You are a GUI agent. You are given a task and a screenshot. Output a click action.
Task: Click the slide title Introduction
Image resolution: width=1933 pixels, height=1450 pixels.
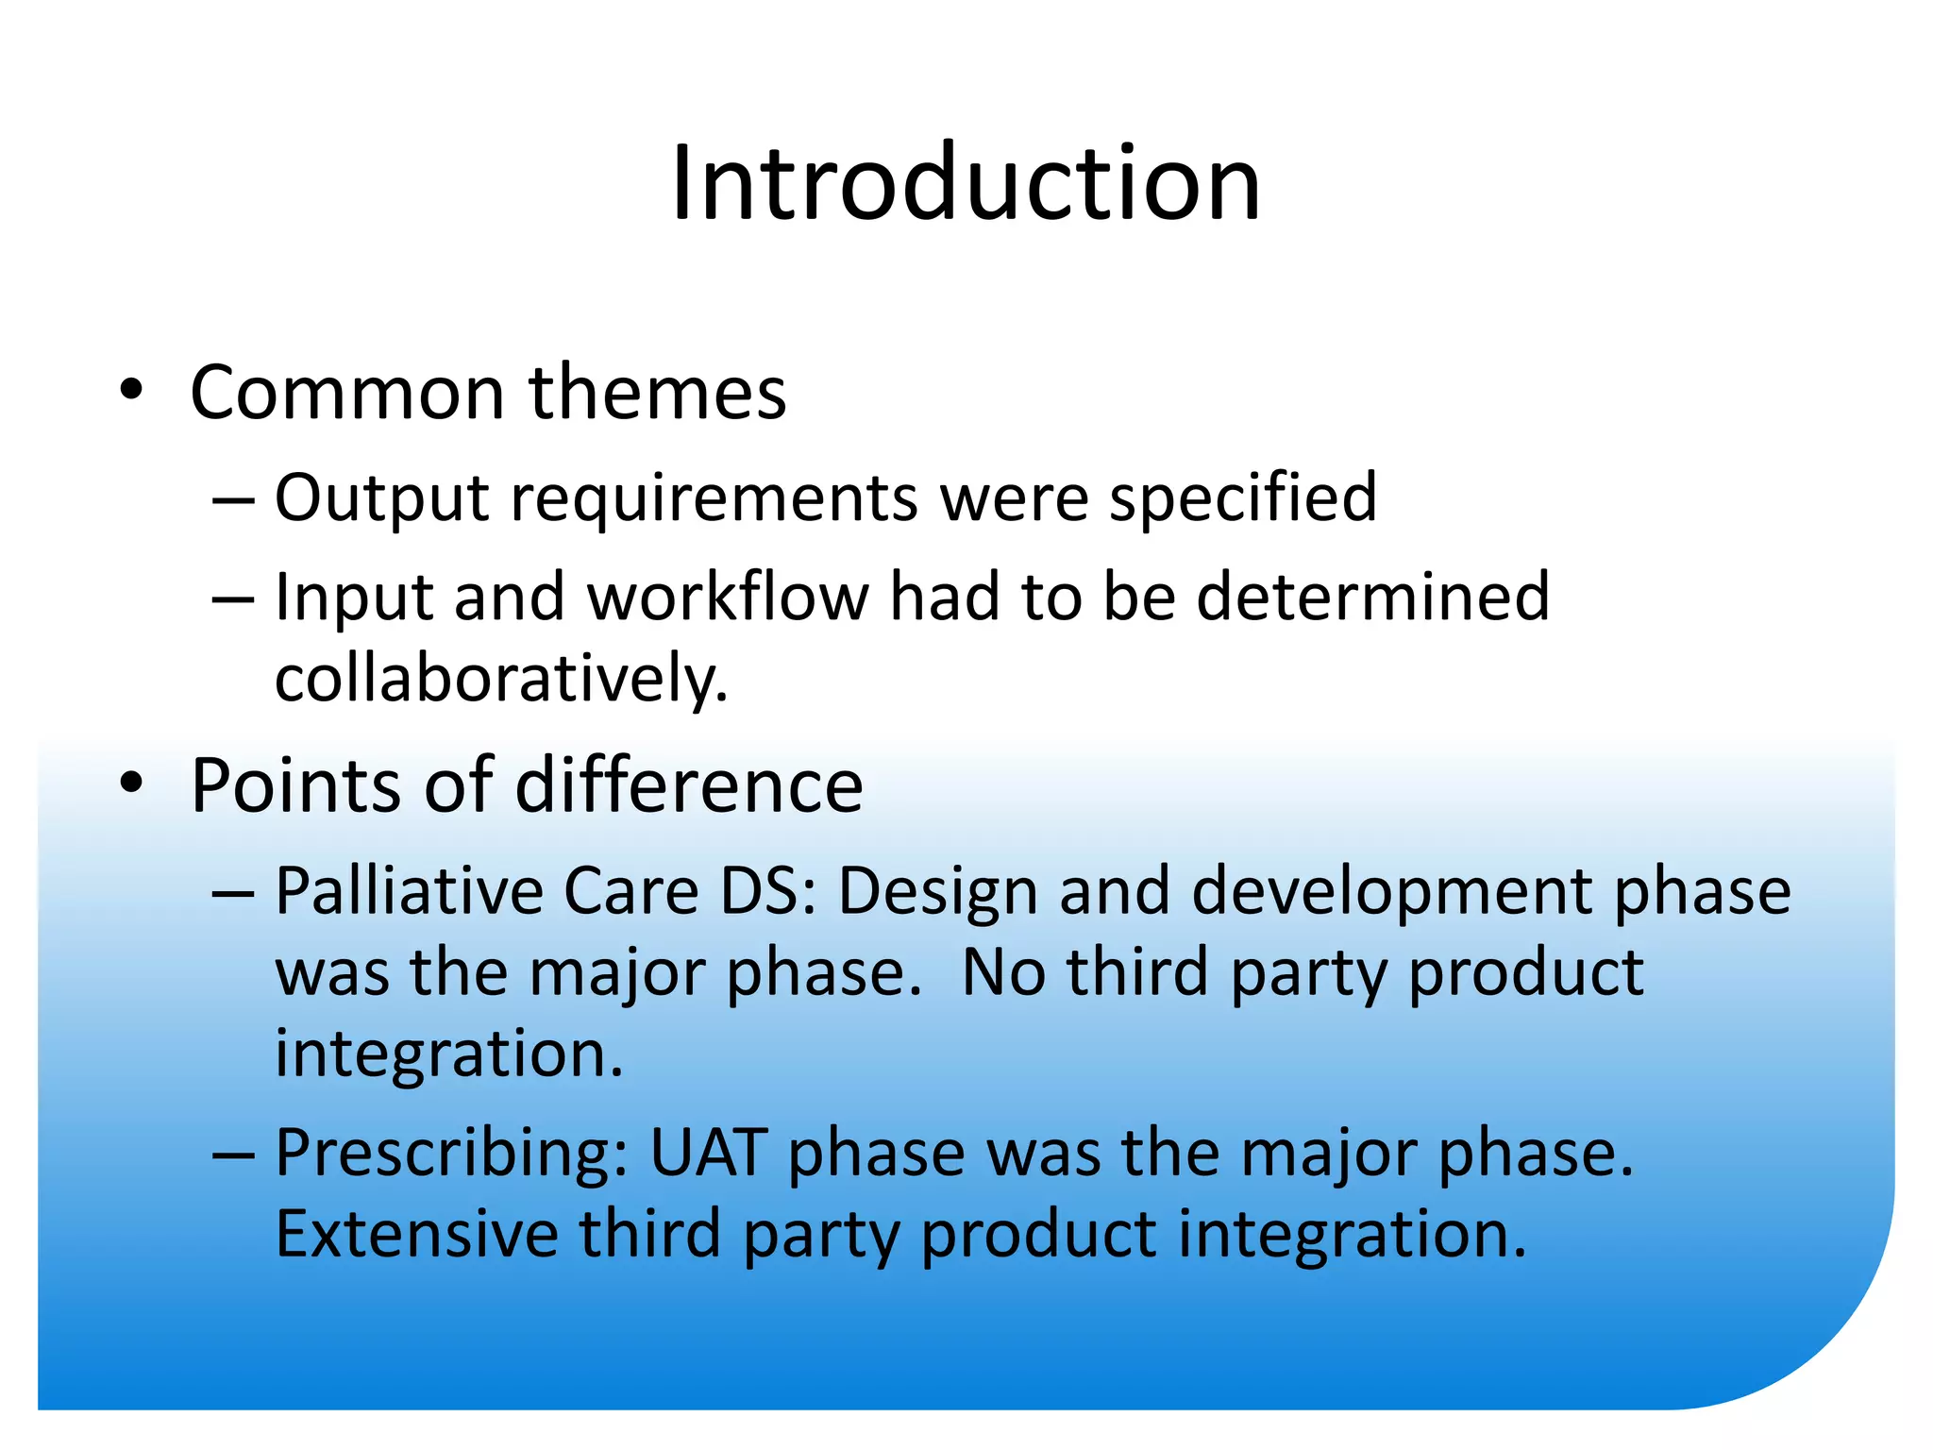click(966, 183)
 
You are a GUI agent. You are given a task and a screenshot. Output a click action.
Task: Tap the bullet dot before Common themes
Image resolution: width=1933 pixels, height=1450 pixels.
click(131, 391)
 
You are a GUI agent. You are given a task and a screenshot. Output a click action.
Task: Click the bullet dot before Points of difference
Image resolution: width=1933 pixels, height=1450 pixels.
click(131, 784)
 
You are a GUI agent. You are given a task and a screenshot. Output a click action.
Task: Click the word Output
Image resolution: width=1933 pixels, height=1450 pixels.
click(381, 498)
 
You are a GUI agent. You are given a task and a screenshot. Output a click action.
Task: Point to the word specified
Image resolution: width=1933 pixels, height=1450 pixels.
click(1242, 498)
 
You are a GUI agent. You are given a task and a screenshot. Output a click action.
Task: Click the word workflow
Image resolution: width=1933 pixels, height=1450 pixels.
click(728, 598)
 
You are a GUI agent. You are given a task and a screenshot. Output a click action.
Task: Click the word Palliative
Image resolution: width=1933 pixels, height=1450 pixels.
click(409, 891)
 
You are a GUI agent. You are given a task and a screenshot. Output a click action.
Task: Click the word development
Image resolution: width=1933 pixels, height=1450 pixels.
click(1391, 891)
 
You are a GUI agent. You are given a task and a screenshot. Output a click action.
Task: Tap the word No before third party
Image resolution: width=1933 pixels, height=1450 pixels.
click(1003, 973)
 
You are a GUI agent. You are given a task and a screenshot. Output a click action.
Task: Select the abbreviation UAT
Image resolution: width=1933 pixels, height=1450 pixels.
click(708, 1154)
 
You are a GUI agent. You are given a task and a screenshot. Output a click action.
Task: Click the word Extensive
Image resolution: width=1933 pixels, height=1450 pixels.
click(416, 1235)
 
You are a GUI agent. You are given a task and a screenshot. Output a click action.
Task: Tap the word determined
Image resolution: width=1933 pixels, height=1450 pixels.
click(1372, 598)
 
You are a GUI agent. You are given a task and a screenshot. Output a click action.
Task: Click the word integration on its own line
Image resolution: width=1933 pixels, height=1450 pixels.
click(447, 1054)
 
